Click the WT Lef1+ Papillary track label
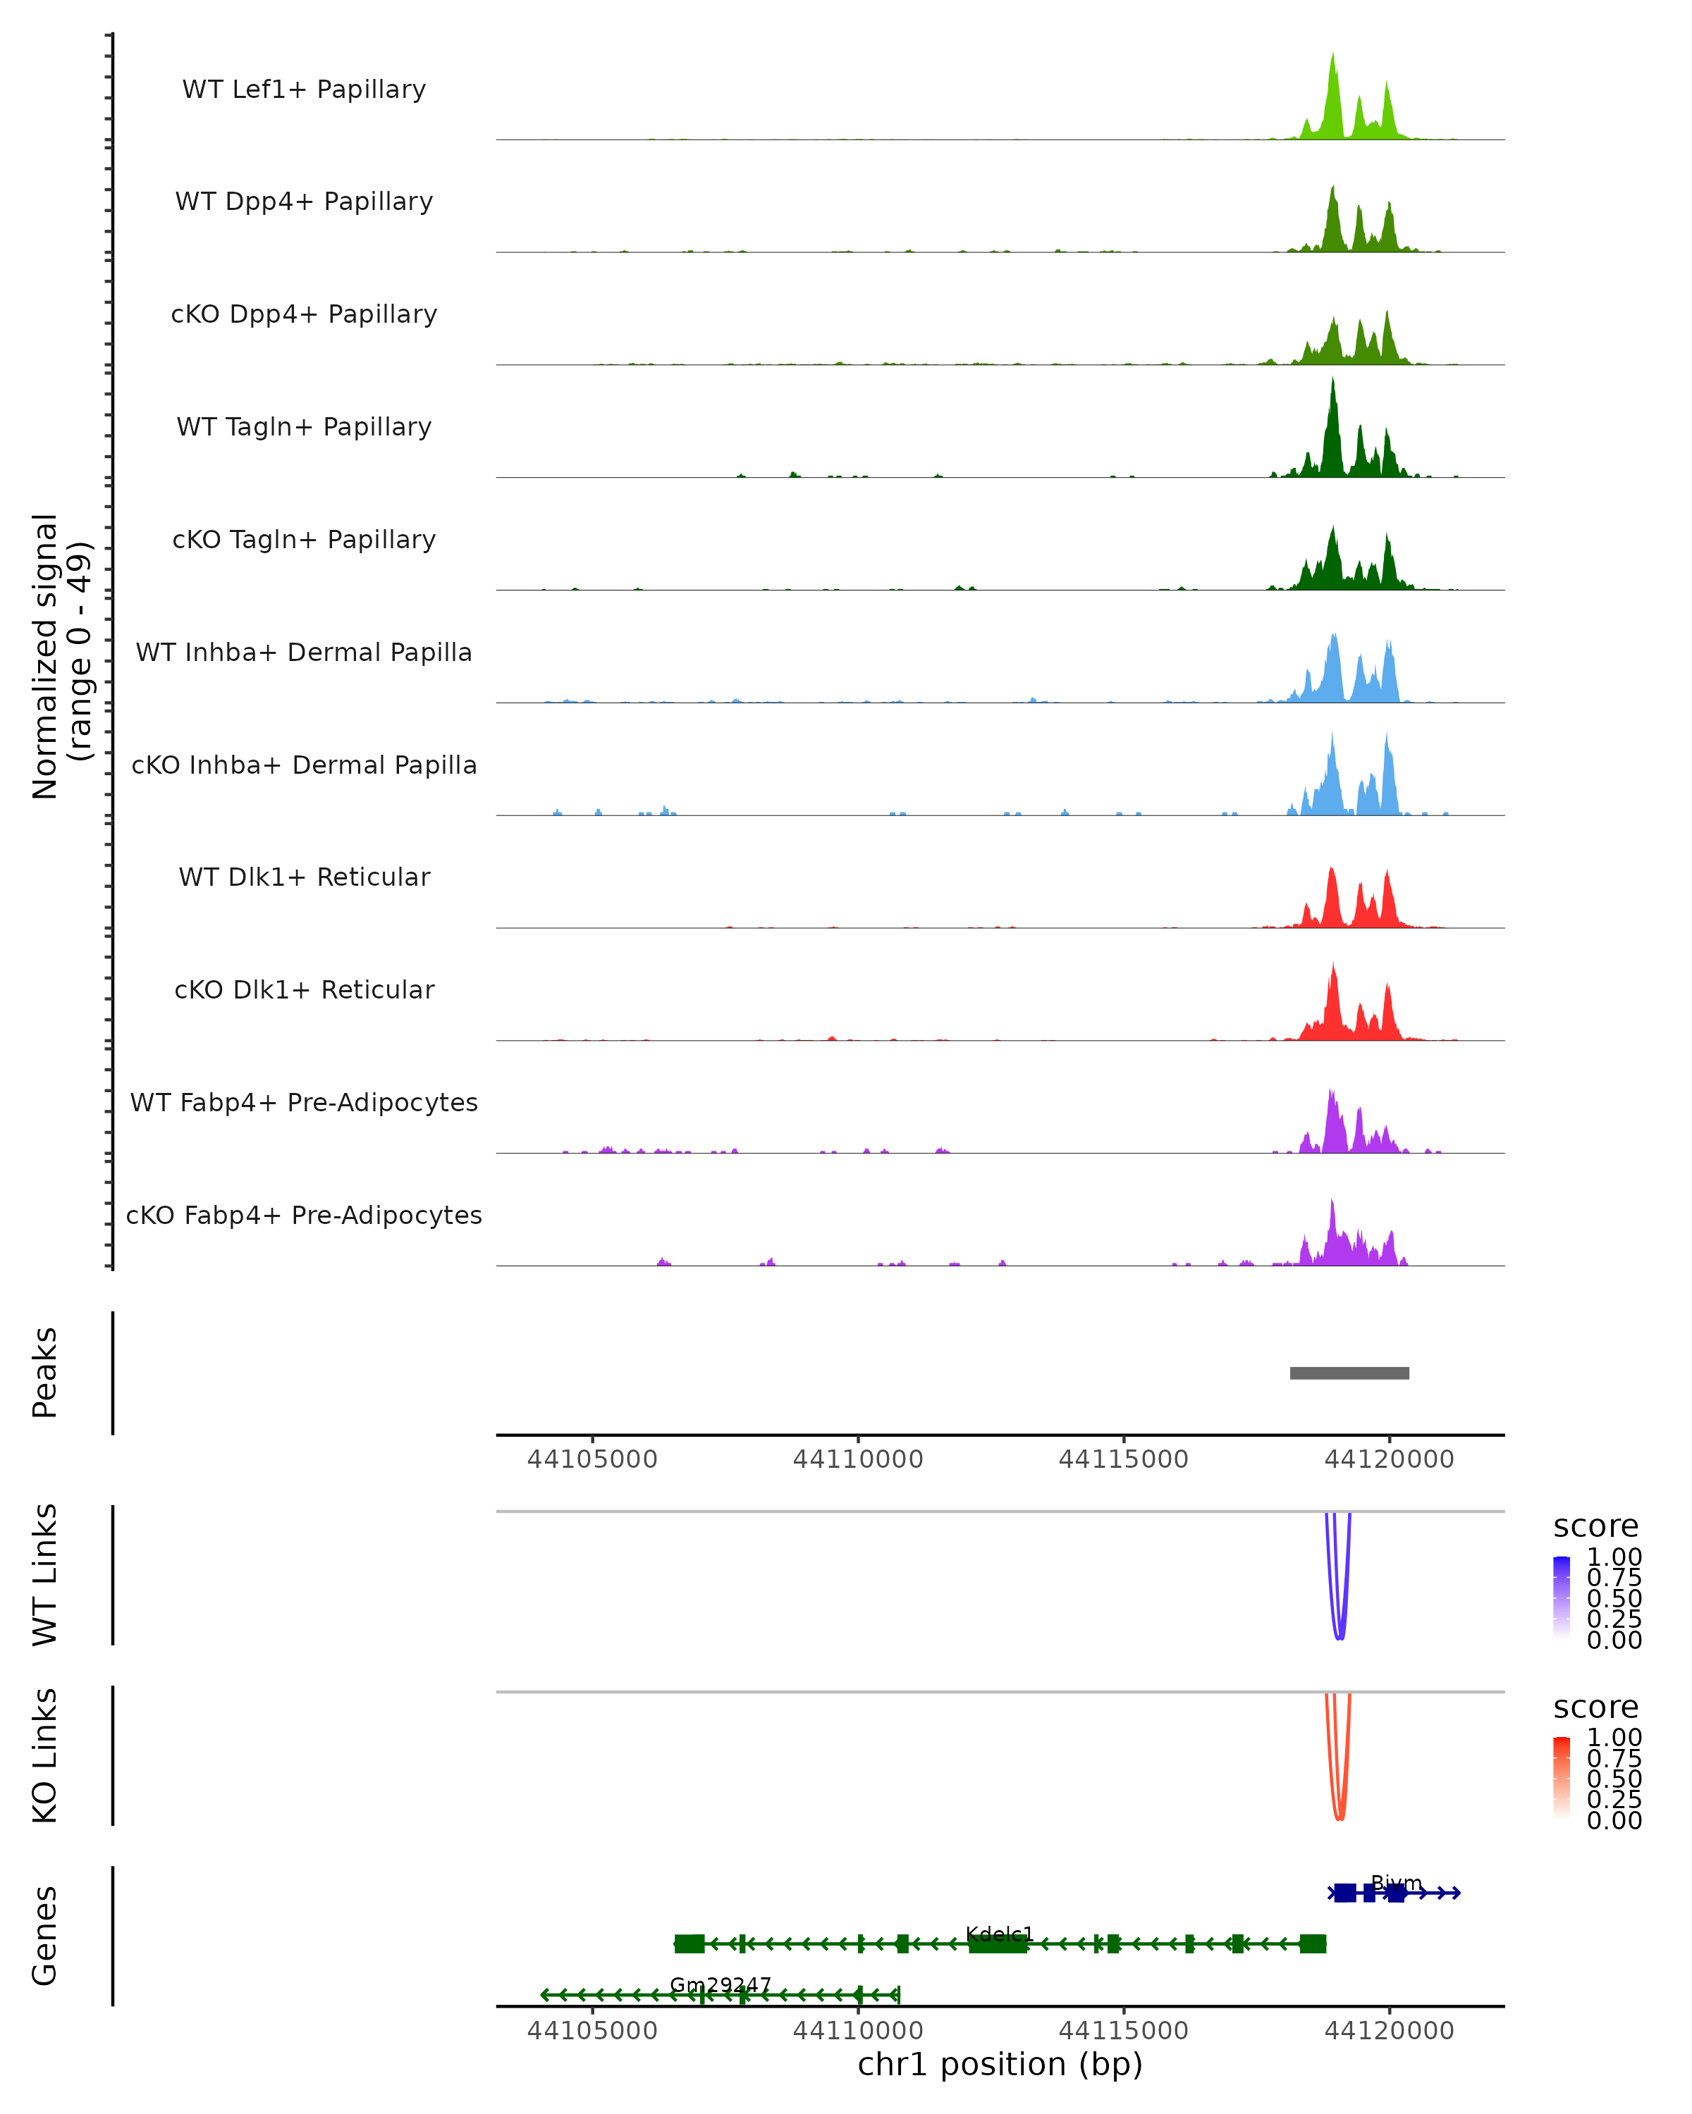(304, 89)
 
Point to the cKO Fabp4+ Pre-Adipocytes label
(304, 1215)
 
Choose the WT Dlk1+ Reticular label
(304, 877)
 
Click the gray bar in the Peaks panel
(1349, 1373)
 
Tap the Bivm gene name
(1396, 1883)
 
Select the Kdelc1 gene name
(1000, 1934)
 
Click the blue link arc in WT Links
(1340, 1636)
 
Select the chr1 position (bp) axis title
(1000, 2064)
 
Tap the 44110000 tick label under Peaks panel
(857, 1459)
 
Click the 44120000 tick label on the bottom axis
(1389, 2029)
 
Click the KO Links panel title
(44, 1755)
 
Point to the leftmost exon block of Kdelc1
(689, 1943)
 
